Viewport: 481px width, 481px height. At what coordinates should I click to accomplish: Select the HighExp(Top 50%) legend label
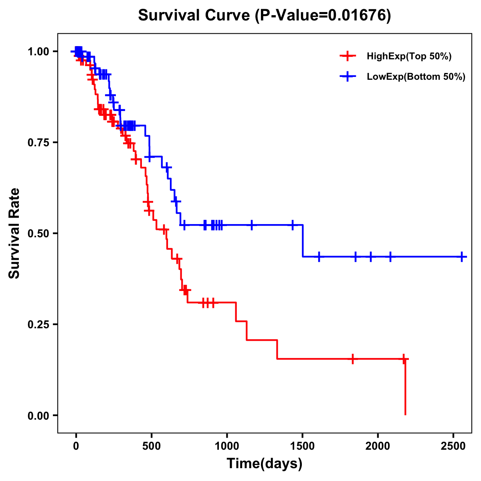409,57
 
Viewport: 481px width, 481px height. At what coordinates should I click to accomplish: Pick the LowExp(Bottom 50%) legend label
416,77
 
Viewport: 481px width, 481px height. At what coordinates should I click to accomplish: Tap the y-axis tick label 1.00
38,52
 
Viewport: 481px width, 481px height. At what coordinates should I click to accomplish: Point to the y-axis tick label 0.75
38,143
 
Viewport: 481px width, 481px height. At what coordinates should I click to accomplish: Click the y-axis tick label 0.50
38,234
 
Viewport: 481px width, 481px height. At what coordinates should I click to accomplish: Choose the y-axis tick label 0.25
38,325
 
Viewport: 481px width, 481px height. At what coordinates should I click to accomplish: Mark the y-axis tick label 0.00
38,416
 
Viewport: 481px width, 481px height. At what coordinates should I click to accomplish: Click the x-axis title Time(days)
265,464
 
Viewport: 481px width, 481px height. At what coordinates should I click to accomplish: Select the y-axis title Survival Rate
15,233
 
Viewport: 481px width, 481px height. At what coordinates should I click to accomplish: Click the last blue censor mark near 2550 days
462,257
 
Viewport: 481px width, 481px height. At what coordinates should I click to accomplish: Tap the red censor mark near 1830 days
352,359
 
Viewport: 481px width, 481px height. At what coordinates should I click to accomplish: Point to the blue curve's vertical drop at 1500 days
303,240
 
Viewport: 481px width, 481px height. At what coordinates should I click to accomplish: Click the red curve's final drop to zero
405,389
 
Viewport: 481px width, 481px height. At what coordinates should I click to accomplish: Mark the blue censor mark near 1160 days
252,225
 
